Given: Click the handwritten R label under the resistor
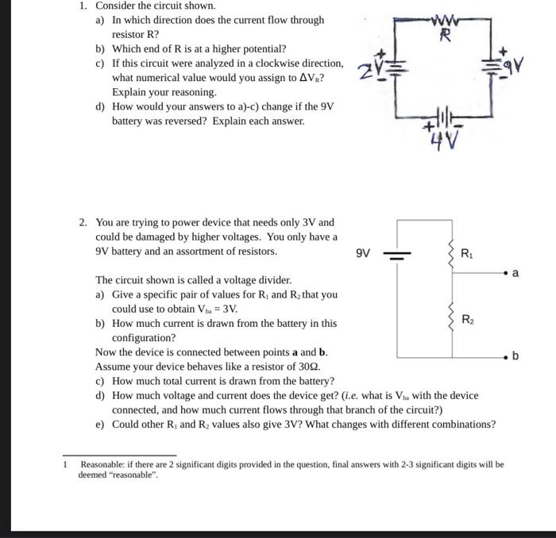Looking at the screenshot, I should click(x=446, y=36).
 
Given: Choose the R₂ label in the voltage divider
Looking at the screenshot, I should click(x=467, y=319).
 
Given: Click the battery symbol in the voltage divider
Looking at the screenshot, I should click(x=397, y=256).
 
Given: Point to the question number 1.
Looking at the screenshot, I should click(x=83, y=6).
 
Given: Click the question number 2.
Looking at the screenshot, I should click(x=83, y=223).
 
